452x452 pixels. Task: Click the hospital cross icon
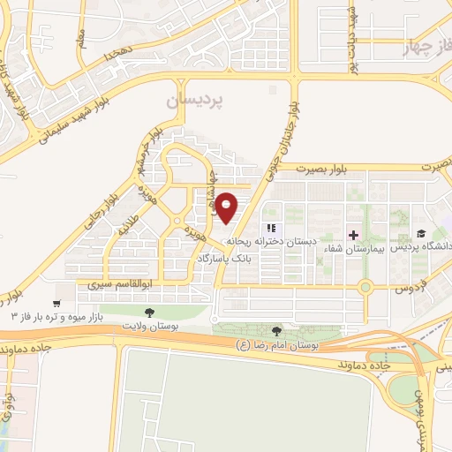[x=354, y=235]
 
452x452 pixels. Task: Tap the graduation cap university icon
[x=421, y=235]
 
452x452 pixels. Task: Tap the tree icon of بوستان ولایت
[x=148, y=312]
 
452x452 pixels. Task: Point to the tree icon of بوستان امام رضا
[x=278, y=330]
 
